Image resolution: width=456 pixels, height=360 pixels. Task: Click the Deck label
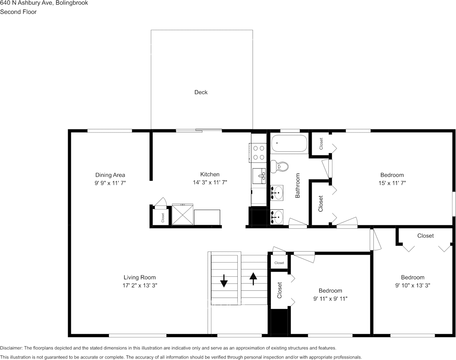coord(201,92)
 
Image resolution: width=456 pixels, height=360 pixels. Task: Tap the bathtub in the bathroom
coord(290,143)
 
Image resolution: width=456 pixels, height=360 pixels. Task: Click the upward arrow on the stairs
coord(253,279)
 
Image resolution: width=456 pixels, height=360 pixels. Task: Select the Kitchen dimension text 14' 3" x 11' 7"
coord(210,183)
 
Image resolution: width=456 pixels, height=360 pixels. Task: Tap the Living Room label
coord(139,277)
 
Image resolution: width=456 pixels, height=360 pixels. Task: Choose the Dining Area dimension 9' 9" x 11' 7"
coord(110,183)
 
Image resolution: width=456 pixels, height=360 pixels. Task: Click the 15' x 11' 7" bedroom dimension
coord(392,183)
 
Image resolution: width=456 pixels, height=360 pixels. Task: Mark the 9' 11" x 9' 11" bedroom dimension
coord(330,299)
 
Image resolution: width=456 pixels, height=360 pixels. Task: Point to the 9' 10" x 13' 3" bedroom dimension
coord(413,285)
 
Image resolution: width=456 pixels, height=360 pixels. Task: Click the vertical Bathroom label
coord(298,185)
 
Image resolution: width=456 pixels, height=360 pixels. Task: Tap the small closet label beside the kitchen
coord(163,217)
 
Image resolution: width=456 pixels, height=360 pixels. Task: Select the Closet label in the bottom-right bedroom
coord(425,236)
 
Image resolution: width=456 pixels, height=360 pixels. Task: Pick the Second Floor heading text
coord(18,12)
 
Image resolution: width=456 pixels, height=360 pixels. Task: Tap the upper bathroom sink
coord(278,192)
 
